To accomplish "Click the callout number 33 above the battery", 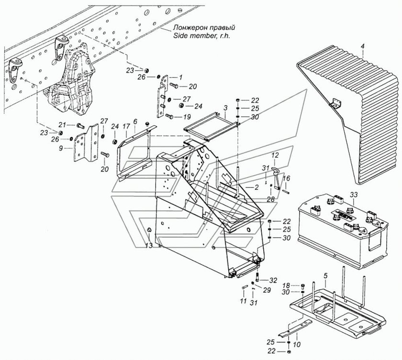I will tap(353, 195).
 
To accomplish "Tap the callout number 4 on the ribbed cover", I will tap(362, 46).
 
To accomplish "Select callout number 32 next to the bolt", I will tap(273, 280).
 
